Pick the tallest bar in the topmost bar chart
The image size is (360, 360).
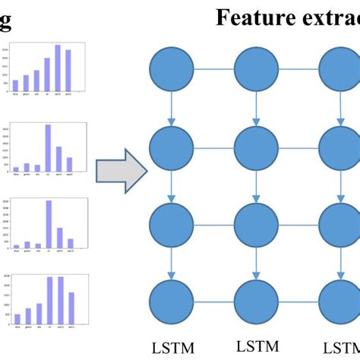(57, 68)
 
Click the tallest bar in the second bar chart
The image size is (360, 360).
(48, 147)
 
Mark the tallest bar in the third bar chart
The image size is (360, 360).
(49, 223)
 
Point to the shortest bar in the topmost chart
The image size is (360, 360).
(16, 84)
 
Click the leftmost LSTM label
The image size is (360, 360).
(172, 347)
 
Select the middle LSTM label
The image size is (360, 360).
(256, 346)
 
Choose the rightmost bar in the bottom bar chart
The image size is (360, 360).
(71, 308)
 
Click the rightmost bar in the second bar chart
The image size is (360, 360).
(69, 164)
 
